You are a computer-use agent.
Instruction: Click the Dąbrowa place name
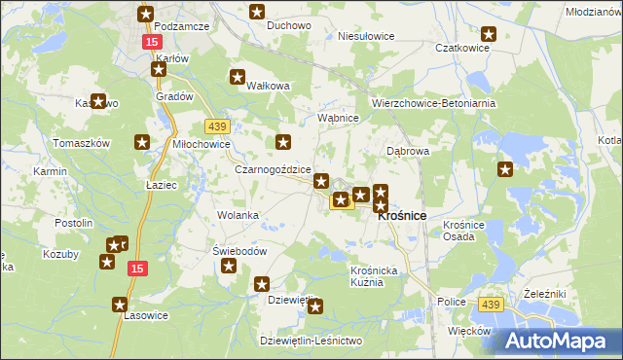[408, 152]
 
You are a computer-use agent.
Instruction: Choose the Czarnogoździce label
[273, 168]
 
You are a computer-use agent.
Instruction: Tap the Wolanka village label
[238, 214]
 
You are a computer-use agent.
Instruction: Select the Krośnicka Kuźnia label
[375, 275]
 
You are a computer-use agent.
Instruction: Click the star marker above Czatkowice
[489, 34]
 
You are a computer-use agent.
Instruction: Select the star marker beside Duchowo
[257, 13]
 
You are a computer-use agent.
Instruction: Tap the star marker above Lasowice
[120, 304]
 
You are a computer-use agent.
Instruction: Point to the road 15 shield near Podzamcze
[151, 43]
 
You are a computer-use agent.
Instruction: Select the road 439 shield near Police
[491, 306]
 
